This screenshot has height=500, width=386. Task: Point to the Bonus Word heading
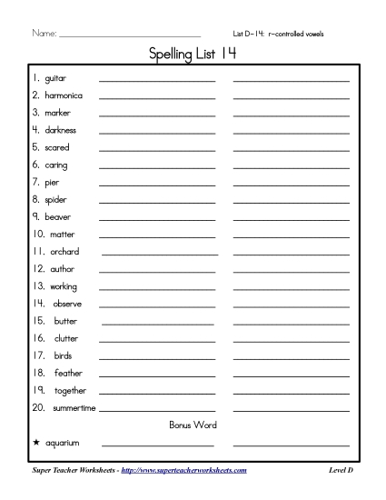click(193, 425)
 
